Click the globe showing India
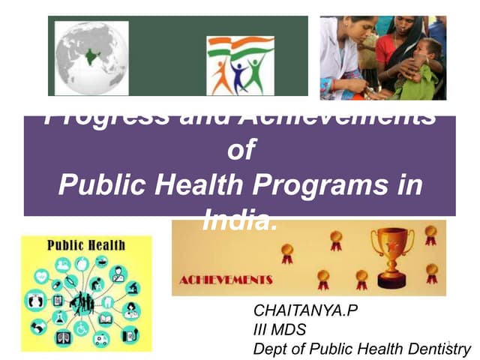coord(91,57)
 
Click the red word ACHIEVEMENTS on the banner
coord(226,280)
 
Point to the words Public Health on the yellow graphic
coord(87,245)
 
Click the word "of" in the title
coord(240,151)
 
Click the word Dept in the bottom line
coord(268,348)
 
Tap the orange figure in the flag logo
coord(222,75)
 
